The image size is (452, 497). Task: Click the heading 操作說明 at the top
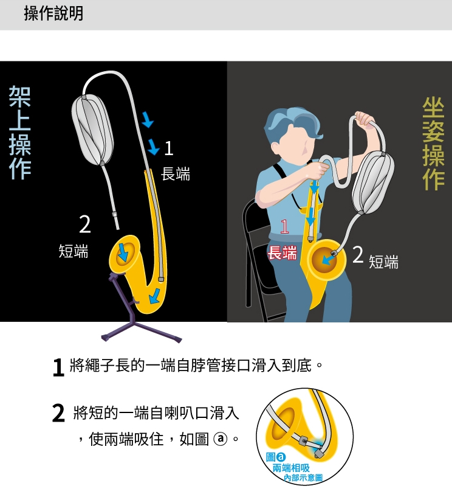(x=53, y=13)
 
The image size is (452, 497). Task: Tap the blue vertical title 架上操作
(x=19, y=133)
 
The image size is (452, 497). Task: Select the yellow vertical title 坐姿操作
(x=433, y=144)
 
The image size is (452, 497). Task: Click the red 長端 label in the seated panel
(x=282, y=252)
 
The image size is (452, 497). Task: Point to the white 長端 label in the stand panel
(x=176, y=174)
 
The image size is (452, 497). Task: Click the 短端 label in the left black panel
(x=74, y=251)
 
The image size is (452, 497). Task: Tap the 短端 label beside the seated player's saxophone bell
(x=383, y=262)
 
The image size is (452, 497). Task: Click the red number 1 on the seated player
(x=284, y=227)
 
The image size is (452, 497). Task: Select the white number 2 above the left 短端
(x=84, y=224)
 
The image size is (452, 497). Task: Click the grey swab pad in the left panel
(x=92, y=130)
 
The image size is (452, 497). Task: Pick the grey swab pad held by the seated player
(x=374, y=182)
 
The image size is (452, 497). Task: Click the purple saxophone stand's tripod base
(x=141, y=331)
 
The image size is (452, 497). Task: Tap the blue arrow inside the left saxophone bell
(x=123, y=251)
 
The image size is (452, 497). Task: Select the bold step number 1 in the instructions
(x=58, y=367)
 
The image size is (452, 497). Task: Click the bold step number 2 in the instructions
(x=58, y=413)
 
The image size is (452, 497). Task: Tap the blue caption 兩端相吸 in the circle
(x=291, y=468)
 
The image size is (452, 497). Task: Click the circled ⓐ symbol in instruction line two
(x=221, y=439)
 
